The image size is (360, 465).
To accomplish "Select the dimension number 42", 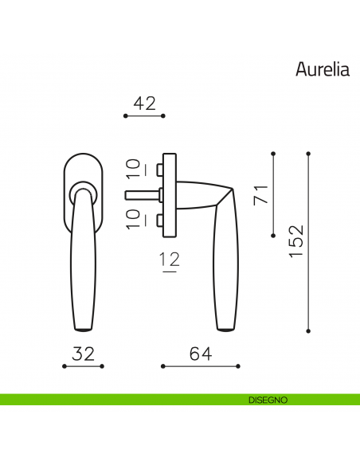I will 144,103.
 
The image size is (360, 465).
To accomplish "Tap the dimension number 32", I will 83,354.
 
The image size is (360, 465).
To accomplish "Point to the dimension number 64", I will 201,354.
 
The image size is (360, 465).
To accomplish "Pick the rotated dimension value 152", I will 295,241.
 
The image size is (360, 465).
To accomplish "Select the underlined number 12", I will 169,260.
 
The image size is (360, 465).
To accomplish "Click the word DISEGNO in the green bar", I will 261,399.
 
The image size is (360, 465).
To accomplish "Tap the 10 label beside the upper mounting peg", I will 134,168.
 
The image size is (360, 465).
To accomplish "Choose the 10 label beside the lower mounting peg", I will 134,219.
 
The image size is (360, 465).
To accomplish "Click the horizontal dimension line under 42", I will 144,116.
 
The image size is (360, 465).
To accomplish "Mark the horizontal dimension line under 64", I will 201,366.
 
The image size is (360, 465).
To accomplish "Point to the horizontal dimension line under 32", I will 83,366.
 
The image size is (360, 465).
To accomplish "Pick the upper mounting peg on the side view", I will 158,170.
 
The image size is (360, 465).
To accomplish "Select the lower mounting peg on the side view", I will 158,219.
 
